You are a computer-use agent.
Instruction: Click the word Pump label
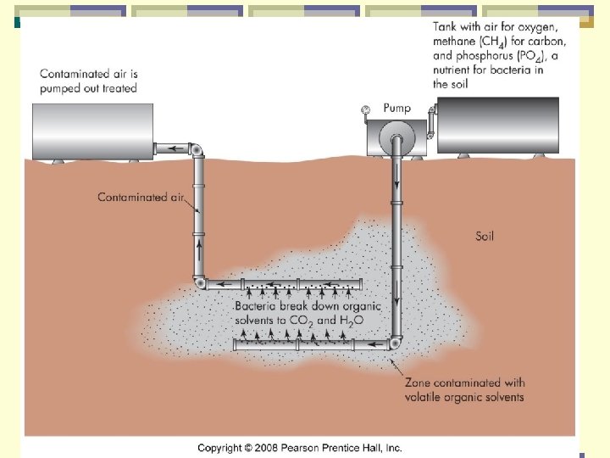396,108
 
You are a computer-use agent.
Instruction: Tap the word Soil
484,236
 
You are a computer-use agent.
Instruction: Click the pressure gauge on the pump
364,109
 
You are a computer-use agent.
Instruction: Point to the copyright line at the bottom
300,448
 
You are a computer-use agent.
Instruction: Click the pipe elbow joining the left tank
197,150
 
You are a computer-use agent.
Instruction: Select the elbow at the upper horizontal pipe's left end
198,284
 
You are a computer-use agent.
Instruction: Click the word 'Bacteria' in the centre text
258,306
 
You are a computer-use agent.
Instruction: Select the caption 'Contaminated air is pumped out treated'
88,81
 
